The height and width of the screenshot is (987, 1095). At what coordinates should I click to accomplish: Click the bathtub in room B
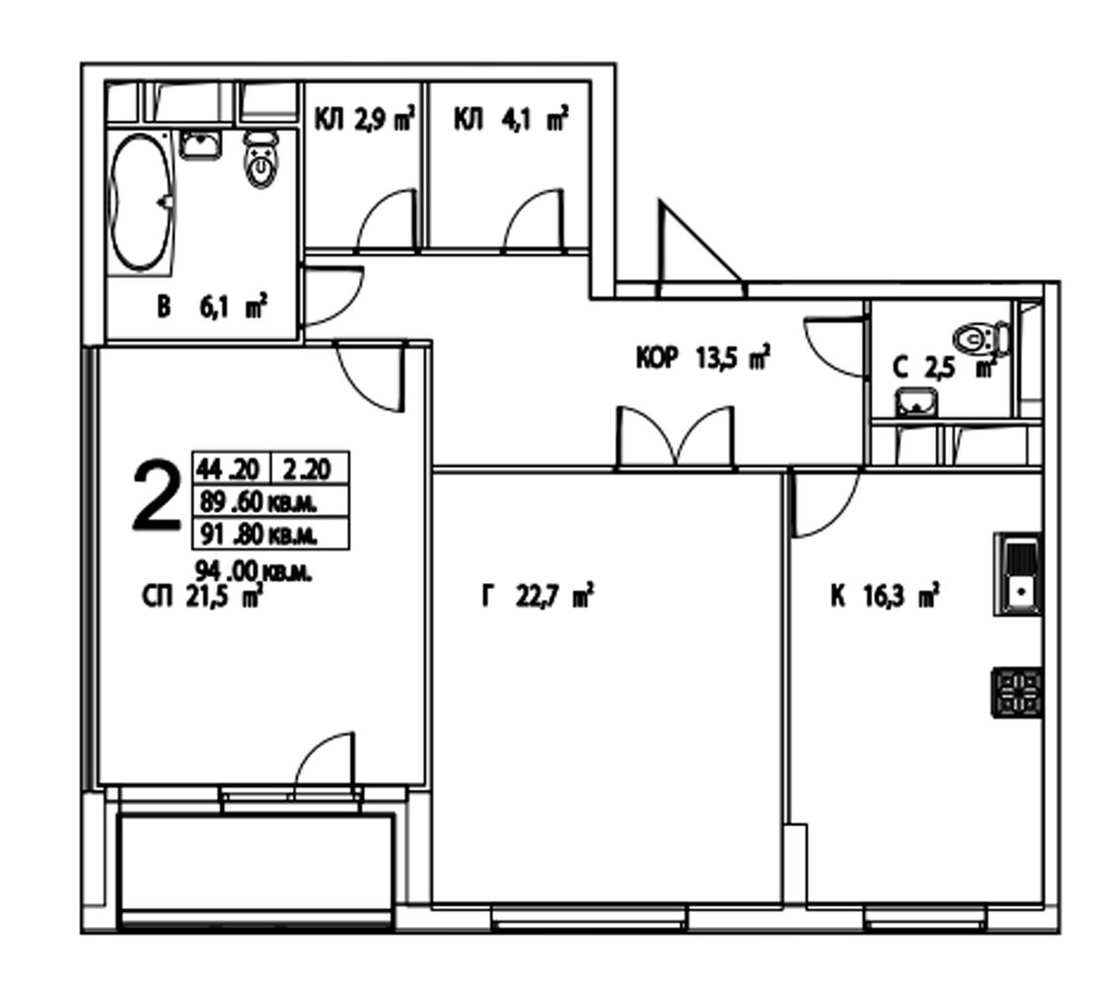pyautogui.click(x=142, y=202)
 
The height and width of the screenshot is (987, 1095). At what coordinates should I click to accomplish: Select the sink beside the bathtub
pyautogui.click(x=201, y=144)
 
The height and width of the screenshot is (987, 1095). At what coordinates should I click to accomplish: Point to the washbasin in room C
pyautogui.click(x=916, y=404)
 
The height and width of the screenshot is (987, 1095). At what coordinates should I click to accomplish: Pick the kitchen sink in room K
pyautogui.click(x=1017, y=574)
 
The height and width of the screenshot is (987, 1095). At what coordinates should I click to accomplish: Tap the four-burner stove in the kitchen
pyautogui.click(x=1017, y=692)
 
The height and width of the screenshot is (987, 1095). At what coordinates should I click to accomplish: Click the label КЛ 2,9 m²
pyautogui.click(x=365, y=119)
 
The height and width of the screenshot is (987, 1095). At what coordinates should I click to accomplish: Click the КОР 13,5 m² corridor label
pyautogui.click(x=703, y=358)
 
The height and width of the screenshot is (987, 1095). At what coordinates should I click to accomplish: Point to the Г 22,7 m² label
pyautogui.click(x=538, y=597)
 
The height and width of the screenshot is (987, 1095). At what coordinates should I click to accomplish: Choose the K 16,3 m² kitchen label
pyautogui.click(x=884, y=597)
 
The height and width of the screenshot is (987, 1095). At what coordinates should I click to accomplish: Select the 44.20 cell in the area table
pyautogui.click(x=229, y=468)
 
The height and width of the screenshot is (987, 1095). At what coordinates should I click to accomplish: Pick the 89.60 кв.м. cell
pyautogui.click(x=270, y=500)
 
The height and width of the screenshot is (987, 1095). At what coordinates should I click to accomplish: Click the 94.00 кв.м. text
pyautogui.click(x=254, y=572)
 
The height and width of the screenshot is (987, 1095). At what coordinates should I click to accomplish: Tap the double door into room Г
pyautogui.click(x=676, y=436)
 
